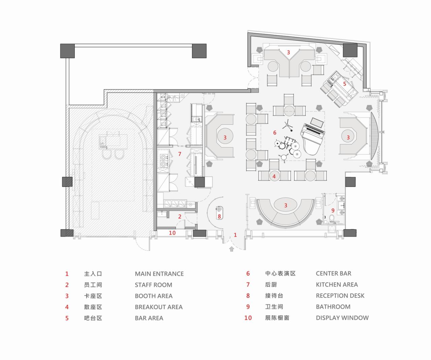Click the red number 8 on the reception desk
coord(219,216)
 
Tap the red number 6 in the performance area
coord(275,133)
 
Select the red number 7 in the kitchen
coord(179,154)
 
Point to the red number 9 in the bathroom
coord(333,211)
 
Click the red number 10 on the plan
coord(172,232)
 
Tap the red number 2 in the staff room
coord(180,216)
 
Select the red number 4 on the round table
coord(274,176)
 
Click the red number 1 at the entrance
coord(235,235)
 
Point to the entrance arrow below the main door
coord(232,249)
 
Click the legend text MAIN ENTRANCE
coord(159,274)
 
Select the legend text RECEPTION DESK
coord(340,296)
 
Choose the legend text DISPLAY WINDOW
coord(342,318)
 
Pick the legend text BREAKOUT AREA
coord(159,307)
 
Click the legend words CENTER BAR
coord(333,274)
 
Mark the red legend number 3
coord(67,296)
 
